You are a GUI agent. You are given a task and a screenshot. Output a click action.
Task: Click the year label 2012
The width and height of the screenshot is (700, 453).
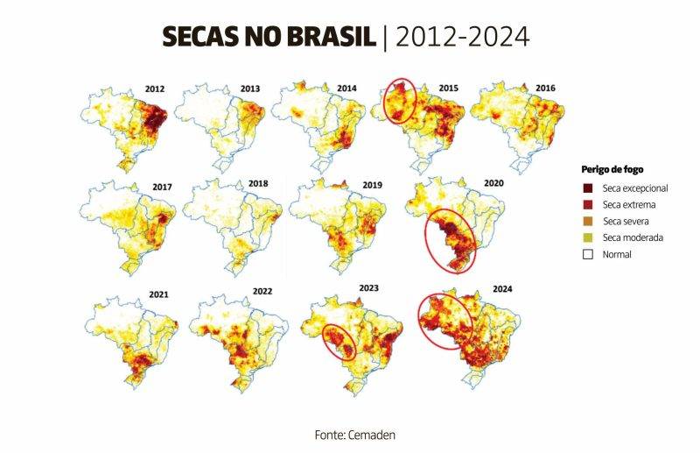156,88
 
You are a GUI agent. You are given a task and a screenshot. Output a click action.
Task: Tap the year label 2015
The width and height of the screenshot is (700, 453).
448,88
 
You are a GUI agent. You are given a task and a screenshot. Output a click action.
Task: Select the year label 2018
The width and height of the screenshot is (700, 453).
258,184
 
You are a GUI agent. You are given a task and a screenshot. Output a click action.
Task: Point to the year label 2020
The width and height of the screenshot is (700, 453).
493,183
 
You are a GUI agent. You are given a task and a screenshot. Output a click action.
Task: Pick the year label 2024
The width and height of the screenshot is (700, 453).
503,288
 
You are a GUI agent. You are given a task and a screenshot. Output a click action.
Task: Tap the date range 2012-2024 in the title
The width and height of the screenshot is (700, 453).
462,37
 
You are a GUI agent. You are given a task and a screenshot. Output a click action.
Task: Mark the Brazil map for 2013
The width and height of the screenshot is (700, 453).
220,123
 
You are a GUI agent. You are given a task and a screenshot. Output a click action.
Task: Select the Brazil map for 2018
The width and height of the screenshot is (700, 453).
232,223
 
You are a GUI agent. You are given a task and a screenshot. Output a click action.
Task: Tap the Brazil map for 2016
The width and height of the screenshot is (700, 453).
516,123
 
